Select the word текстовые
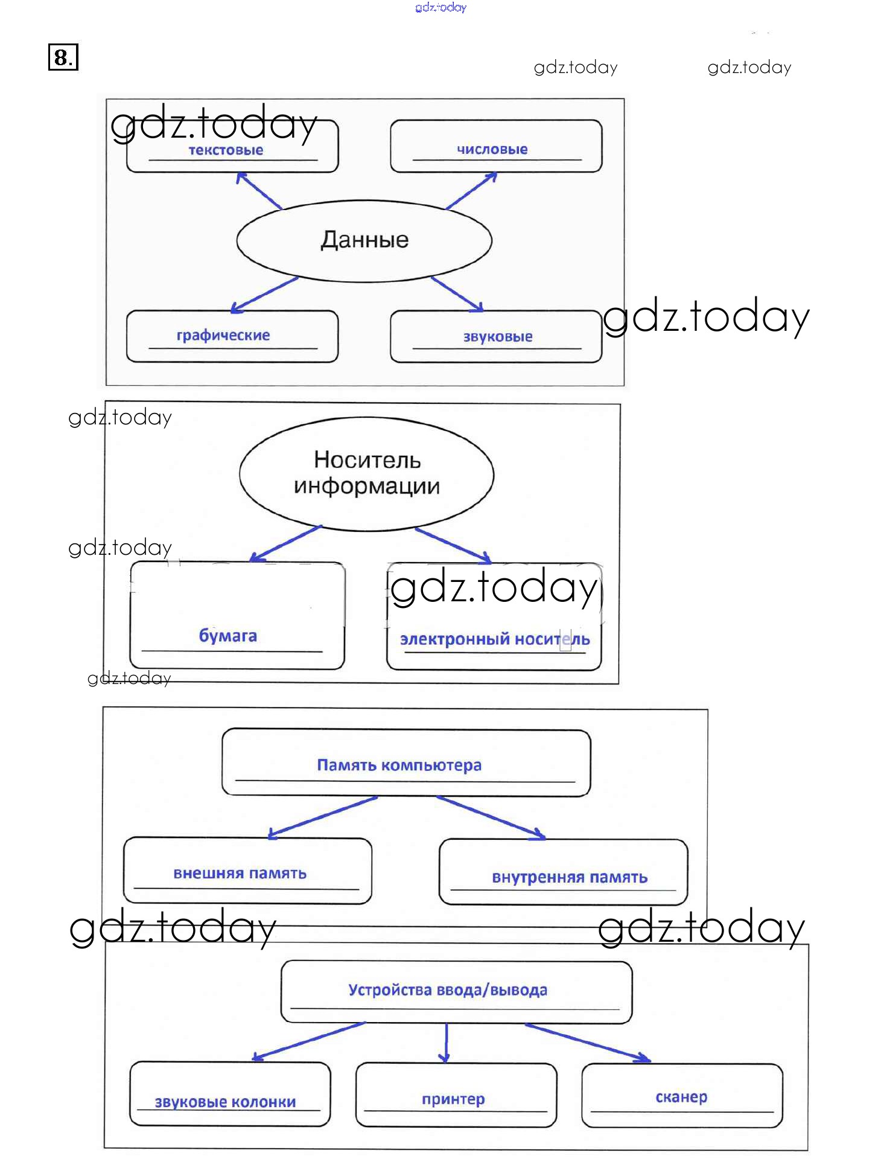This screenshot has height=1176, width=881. [x=226, y=150]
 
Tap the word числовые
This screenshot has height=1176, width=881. [x=492, y=150]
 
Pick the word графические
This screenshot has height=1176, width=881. [x=223, y=336]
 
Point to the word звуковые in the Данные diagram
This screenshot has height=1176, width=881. [x=497, y=337]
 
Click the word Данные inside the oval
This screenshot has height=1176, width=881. [x=364, y=240]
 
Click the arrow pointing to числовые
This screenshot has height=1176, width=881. [x=471, y=190]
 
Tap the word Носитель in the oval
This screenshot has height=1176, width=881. [x=367, y=461]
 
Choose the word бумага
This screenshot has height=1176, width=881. [x=227, y=636]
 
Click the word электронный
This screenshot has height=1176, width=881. [x=455, y=639]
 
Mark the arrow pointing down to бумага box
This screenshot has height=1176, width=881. [x=285, y=543]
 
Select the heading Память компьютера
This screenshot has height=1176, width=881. [x=399, y=765]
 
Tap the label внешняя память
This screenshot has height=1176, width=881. [x=240, y=874]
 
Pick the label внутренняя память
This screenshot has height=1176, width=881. [x=569, y=877]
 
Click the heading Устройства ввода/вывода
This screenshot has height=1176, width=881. [x=447, y=990]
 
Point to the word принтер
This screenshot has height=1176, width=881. [x=453, y=1099]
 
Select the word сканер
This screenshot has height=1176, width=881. [x=681, y=1097]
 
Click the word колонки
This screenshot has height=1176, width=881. [x=264, y=1102]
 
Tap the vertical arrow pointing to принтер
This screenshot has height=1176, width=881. [x=445, y=1043]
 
